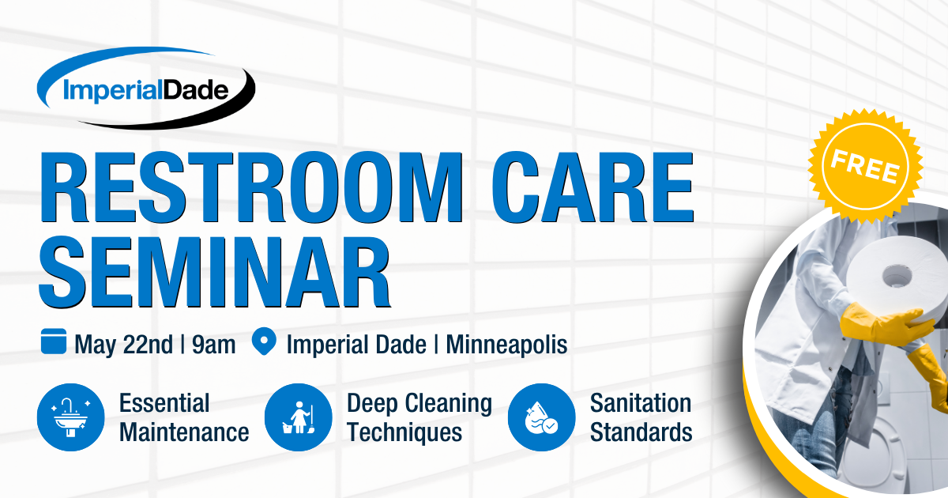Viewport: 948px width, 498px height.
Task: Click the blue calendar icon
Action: (54, 343)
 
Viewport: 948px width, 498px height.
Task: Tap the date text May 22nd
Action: (123, 345)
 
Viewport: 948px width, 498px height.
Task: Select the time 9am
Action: (213, 345)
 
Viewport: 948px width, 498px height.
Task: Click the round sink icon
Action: (71, 417)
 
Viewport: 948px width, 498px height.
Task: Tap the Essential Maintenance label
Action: (183, 417)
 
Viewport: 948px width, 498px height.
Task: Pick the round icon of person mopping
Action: (298, 417)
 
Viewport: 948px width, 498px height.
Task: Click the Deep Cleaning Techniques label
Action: (419, 417)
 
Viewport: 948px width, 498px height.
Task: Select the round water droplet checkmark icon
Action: (541, 417)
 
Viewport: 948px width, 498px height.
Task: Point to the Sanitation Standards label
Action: (641, 417)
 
